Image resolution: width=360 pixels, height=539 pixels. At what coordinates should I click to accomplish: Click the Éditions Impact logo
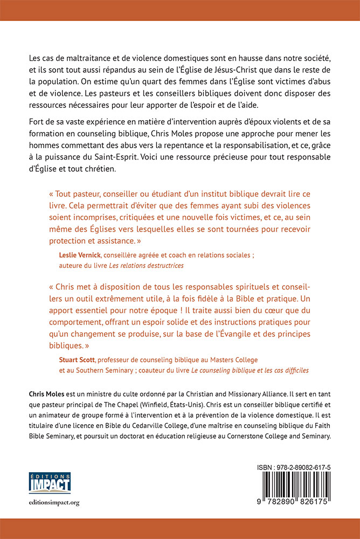click(x=49, y=482)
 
